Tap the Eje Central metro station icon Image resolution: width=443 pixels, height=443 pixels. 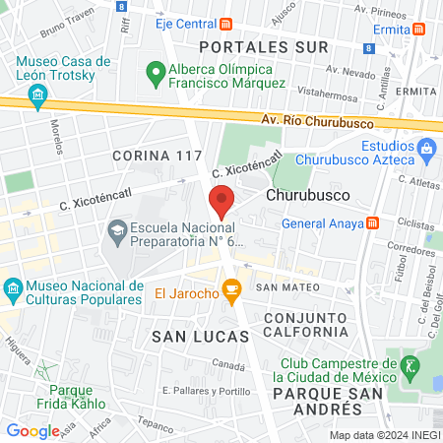[226, 24]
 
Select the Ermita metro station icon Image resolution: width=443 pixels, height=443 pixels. [420, 30]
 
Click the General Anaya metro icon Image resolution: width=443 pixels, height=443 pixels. [372, 222]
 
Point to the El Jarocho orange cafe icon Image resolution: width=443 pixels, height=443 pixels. [232, 290]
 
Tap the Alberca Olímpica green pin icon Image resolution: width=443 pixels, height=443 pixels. [154, 72]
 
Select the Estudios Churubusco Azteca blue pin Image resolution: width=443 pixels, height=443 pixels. [426, 152]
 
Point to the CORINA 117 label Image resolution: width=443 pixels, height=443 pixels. [157, 156]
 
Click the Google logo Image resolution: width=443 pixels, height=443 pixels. [32, 430]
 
